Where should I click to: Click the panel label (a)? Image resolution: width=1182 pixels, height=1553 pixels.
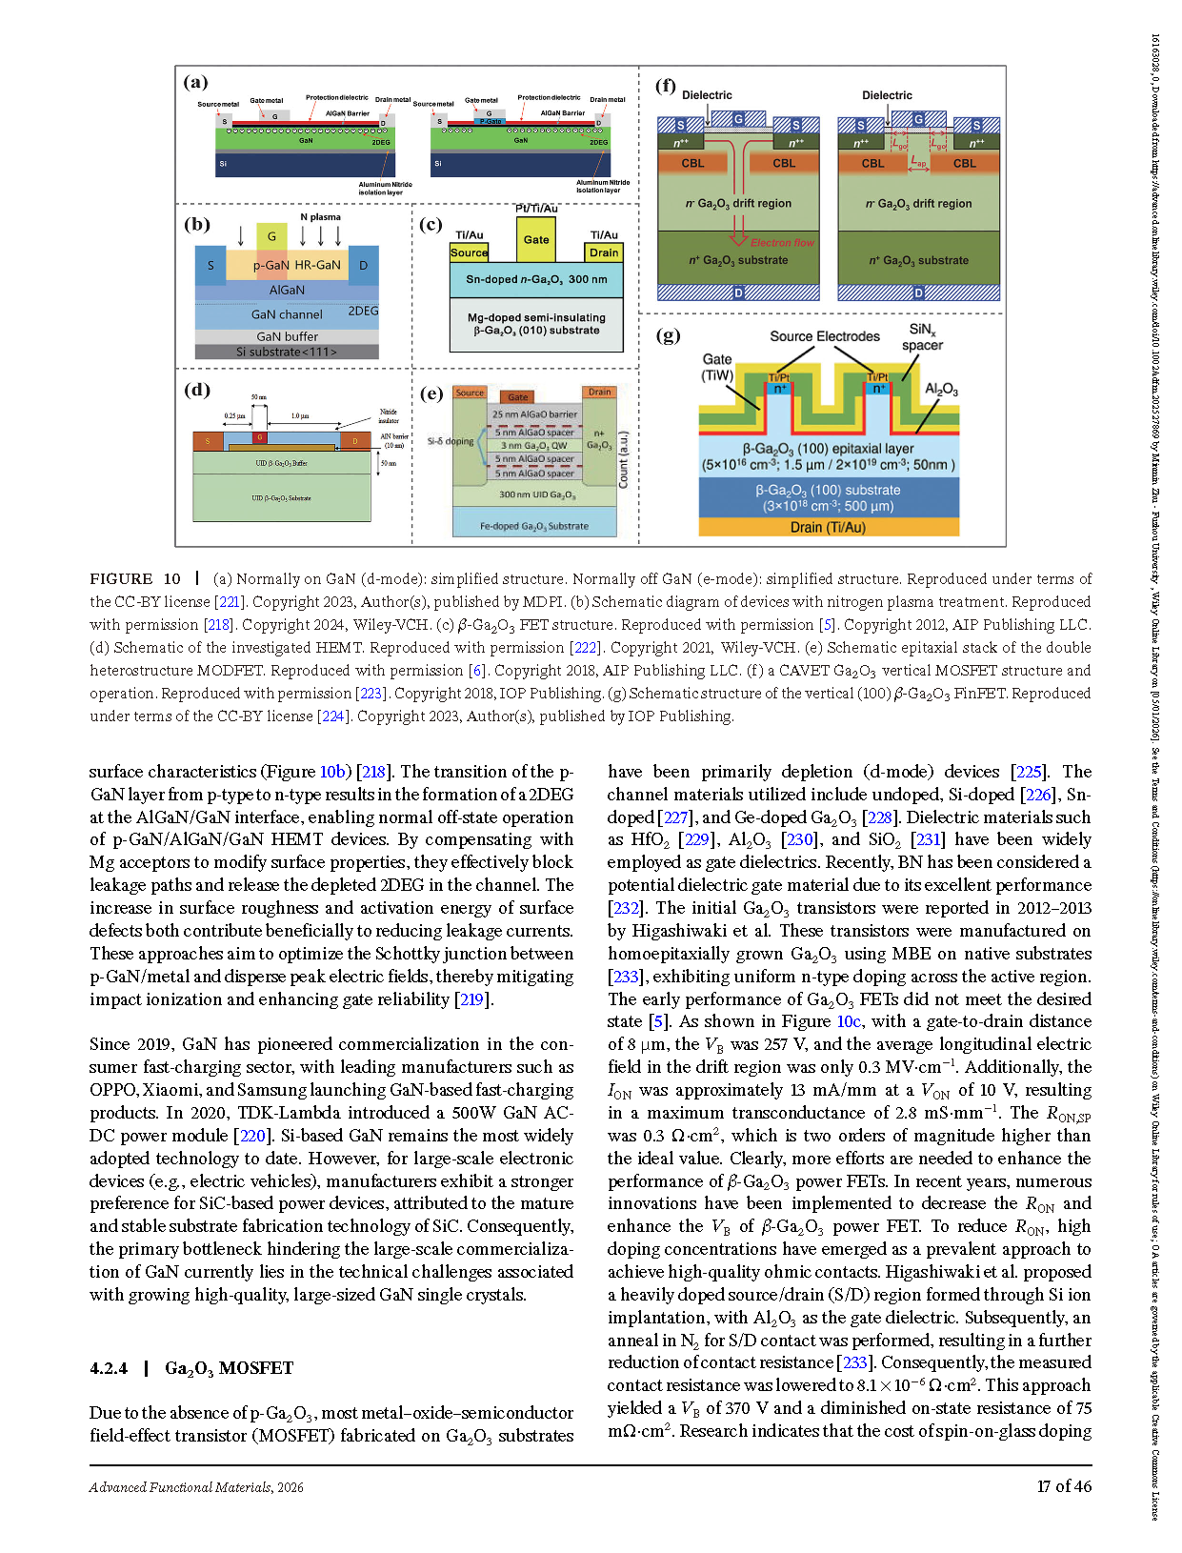pos(195,83)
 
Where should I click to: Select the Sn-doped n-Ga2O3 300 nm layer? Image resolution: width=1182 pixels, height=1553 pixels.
pos(536,279)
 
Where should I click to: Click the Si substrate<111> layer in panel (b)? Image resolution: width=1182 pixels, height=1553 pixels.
pos(287,352)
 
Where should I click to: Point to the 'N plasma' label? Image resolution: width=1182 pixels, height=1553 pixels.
pos(320,216)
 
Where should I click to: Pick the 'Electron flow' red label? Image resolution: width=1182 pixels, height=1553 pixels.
pos(782,243)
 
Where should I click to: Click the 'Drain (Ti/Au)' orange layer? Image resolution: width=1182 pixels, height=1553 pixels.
pos(829,527)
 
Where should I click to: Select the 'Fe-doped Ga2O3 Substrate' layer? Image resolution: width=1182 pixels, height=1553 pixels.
pos(534,525)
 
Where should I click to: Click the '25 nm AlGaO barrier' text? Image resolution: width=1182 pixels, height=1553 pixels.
pos(534,414)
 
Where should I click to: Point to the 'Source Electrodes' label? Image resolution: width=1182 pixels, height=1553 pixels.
pos(825,336)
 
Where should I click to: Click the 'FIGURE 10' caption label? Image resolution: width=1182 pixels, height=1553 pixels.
pos(135,578)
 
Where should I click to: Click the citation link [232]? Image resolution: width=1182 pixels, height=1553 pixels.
pos(625,908)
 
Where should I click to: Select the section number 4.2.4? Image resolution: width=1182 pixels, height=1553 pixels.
pos(109,1368)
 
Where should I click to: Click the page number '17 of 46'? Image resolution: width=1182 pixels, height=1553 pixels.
pos(1064,1486)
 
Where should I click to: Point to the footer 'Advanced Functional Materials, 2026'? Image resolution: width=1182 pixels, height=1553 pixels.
pos(196,1487)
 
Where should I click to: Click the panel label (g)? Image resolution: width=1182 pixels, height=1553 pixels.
pos(669,334)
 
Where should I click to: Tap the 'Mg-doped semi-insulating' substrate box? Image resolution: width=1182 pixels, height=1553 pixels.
pos(536,324)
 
